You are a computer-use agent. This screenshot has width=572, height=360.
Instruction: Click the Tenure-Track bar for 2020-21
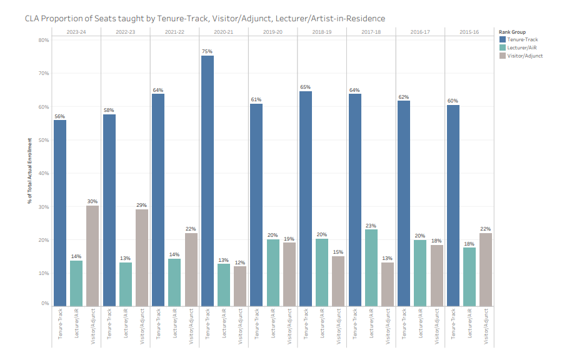pyautogui.click(x=207, y=181)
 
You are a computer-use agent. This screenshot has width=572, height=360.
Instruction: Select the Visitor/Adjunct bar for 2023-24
pyautogui.click(x=92, y=256)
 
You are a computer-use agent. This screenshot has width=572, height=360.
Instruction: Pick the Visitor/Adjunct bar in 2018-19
pyautogui.click(x=338, y=281)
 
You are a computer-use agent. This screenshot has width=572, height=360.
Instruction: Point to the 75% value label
pyautogui.click(x=207, y=51)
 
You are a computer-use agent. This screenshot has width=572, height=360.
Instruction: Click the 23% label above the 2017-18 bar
pyautogui.click(x=371, y=225)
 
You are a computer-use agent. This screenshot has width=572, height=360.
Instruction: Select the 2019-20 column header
pyautogui.click(x=273, y=31)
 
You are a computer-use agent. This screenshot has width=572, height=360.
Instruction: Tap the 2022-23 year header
pyautogui.click(x=126, y=31)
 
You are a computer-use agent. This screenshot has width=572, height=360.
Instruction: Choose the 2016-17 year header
pyautogui.click(x=420, y=31)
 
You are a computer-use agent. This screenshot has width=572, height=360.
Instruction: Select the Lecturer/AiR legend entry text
pyautogui.click(x=523, y=47)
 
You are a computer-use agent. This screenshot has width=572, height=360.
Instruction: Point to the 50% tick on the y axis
pyautogui.click(x=44, y=140)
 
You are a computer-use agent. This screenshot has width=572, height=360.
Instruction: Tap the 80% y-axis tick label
pyautogui.click(x=44, y=40)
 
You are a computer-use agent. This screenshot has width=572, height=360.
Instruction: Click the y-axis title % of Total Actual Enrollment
pyautogui.click(x=29, y=172)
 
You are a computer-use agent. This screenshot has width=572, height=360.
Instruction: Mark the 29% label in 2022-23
pyautogui.click(x=142, y=205)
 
